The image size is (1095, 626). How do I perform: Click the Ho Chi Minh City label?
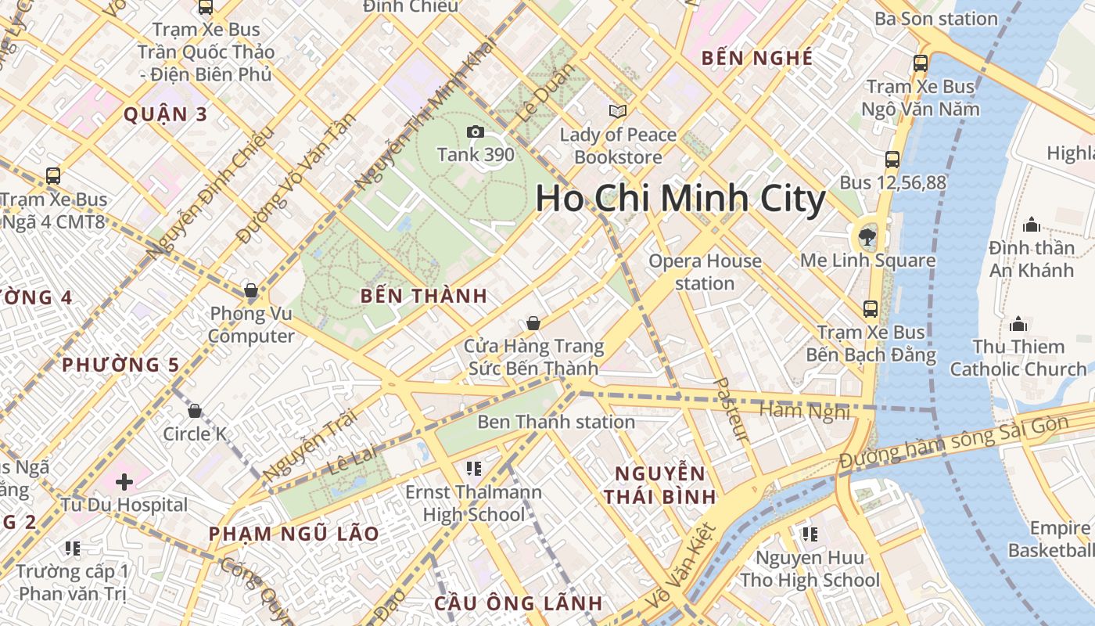(680, 199)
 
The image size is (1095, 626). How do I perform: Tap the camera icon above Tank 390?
(475, 131)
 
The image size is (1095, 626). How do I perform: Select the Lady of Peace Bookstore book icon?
(618, 111)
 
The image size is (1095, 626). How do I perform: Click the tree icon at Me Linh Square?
(867, 236)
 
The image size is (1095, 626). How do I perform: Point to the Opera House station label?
(705, 272)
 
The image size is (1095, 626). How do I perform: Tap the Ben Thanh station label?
(556, 422)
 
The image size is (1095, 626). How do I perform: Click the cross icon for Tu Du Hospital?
(124, 481)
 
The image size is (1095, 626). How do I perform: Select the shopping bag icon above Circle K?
(195, 411)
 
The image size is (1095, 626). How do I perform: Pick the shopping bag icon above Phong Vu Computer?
(251, 291)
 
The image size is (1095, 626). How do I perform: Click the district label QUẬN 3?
(166, 114)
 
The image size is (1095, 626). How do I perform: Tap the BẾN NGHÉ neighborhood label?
(757, 58)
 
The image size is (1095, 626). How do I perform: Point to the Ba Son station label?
(936, 19)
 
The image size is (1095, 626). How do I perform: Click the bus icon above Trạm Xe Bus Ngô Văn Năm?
(921, 63)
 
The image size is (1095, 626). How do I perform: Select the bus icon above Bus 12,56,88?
(892, 160)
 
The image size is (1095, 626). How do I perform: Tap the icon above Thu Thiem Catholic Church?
(1018, 323)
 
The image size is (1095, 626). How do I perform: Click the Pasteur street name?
(732, 409)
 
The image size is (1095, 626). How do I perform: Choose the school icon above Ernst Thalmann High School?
(473, 469)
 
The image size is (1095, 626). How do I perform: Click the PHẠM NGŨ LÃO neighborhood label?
(293, 534)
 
